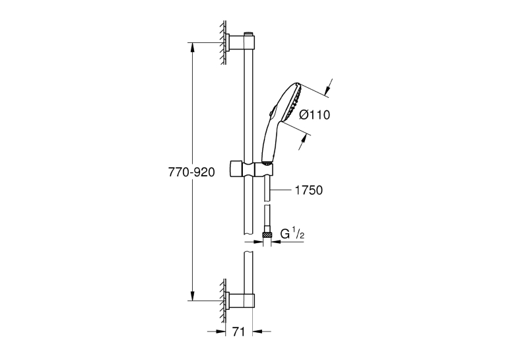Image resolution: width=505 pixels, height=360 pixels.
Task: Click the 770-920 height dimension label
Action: pos(191,172)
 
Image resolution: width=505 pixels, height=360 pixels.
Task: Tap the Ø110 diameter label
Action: pos(315,114)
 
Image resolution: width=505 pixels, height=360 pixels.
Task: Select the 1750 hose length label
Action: pos(309,190)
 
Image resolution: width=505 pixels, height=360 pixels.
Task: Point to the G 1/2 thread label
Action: pos(292,234)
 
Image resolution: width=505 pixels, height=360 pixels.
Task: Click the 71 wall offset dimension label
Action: pos(239,332)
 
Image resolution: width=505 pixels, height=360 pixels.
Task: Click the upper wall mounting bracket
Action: pos(240,42)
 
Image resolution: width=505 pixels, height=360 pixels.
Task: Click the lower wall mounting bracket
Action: pos(240,301)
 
